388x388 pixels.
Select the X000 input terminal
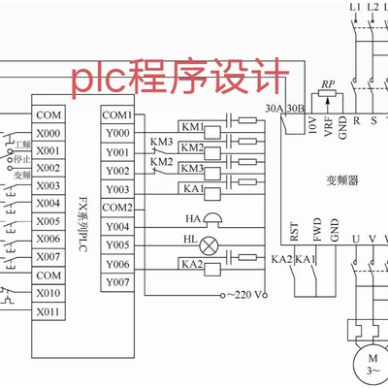pos(48,134)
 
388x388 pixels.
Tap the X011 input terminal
pos(48,311)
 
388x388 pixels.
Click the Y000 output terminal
pos(116,134)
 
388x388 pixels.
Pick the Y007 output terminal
pos(116,282)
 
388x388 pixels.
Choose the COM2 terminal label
pos(117,208)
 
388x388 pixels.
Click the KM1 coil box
pos(191,128)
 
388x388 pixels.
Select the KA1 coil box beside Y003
pos(191,187)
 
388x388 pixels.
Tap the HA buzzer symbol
pos(214,221)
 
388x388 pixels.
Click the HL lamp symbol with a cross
pos(215,241)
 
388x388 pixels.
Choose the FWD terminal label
pos(317,234)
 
